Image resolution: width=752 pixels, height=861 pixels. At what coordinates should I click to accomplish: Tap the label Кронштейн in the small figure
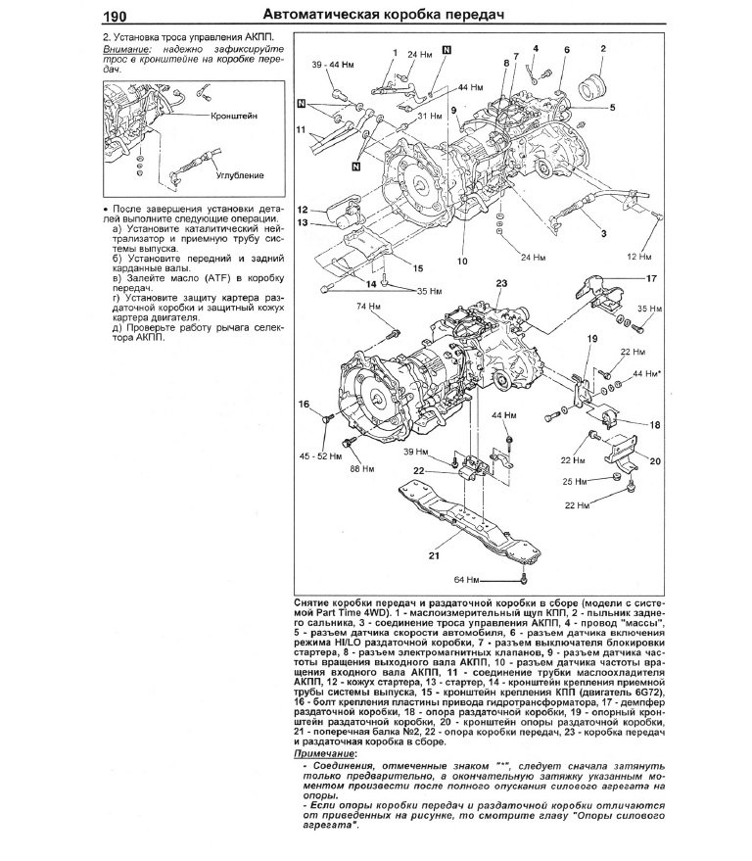click(x=234, y=116)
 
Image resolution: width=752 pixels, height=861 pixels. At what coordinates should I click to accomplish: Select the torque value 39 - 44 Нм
click(x=332, y=64)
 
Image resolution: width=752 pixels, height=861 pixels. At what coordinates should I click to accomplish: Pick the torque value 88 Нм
click(x=361, y=468)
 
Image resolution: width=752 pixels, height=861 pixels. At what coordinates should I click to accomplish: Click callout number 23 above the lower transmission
click(x=501, y=283)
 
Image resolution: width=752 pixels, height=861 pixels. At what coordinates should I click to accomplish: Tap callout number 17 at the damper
click(x=650, y=278)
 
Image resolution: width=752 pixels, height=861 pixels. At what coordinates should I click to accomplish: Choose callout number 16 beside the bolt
click(x=304, y=405)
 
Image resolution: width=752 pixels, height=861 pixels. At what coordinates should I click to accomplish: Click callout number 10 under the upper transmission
click(x=461, y=262)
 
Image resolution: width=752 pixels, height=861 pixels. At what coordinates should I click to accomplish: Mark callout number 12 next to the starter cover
click(x=304, y=210)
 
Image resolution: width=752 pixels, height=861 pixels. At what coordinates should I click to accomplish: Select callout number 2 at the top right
click(x=602, y=48)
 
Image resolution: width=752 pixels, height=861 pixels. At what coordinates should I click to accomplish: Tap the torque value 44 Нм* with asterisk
click(x=646, y=374)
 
